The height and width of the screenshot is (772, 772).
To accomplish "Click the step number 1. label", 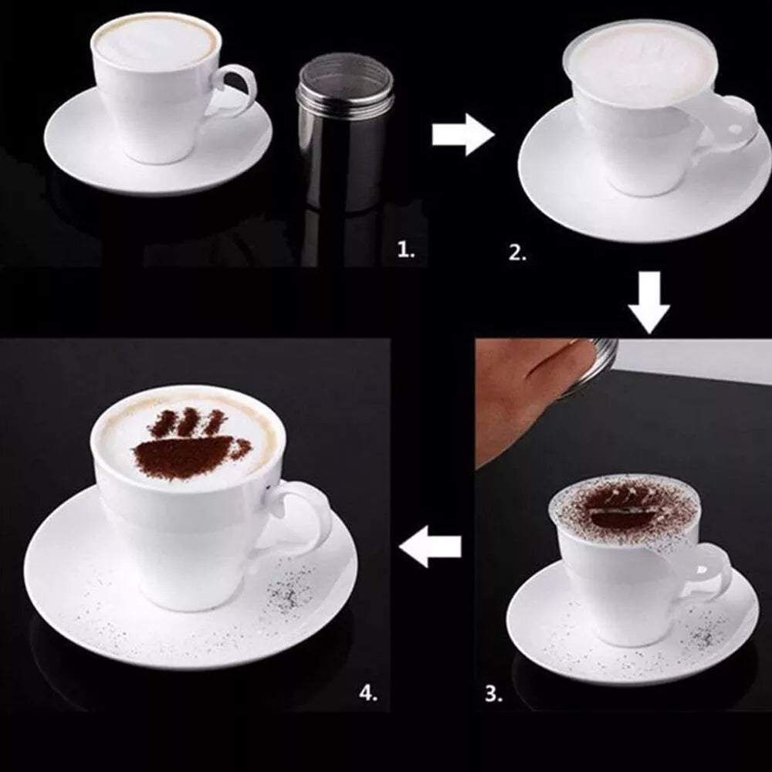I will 406,249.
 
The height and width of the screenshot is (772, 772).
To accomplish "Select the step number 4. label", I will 368,692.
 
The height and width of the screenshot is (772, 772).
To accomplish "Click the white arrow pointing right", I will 462,137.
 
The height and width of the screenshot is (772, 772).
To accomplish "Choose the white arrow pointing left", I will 431,547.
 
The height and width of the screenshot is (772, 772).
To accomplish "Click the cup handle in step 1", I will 235,90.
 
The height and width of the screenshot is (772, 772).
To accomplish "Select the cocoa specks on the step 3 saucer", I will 706,637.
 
